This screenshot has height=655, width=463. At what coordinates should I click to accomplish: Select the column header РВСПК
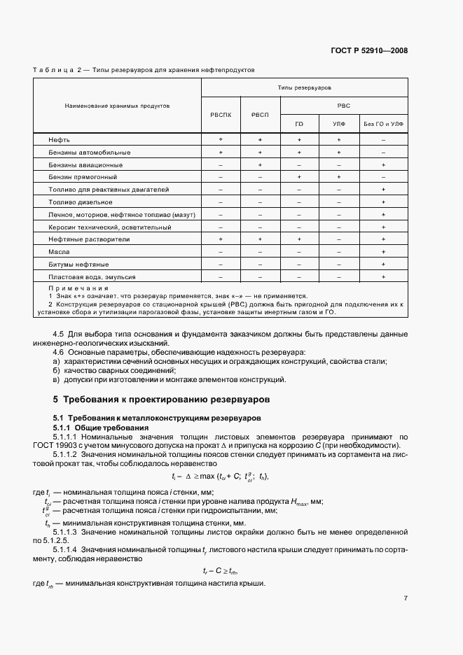click(x=221, y=114)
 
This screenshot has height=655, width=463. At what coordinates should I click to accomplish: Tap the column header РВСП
click(x=260, y=114)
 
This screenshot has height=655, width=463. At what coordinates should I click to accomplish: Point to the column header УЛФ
click(x=338, y=124)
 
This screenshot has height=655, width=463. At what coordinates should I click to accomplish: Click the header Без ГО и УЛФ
click(x=383, y=124)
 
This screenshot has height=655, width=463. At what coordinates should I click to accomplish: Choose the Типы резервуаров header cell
click(x=304, y=87)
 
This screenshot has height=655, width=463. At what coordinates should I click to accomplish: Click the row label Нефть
click(x=59, y=140)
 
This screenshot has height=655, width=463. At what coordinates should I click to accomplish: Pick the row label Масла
click(x=58, y=251)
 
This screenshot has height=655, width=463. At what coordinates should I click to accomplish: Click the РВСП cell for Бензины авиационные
click(x=260, y=164)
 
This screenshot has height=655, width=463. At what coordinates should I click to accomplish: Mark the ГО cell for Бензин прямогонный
click(x=299, y=177)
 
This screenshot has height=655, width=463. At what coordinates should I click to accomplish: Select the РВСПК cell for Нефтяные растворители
click(x=221, y=239)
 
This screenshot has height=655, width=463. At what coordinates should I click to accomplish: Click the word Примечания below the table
click(x=78, y=288)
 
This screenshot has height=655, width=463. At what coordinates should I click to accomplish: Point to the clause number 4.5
click(x=59, y=334)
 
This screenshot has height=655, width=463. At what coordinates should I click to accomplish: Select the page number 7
click(x=406, y=598)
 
